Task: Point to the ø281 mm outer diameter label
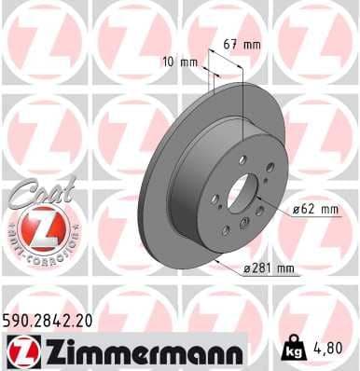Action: click(271, 269)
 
